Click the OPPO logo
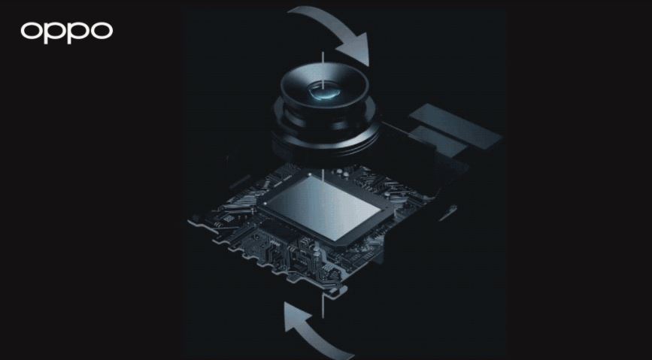pyautogui.click(x=66, y=32)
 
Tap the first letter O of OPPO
pyautogui.click(x=31, y=31)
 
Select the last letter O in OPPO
pyautogui.click(x=102, y=31)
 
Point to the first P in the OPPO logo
pyautogui.click(x=55, y=33)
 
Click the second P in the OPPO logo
pyautogui.click(x=79, y=33)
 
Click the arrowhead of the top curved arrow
pyautogui.click(x=355, y=48)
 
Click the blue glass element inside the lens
pyautogui.click(x=324, y=92)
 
